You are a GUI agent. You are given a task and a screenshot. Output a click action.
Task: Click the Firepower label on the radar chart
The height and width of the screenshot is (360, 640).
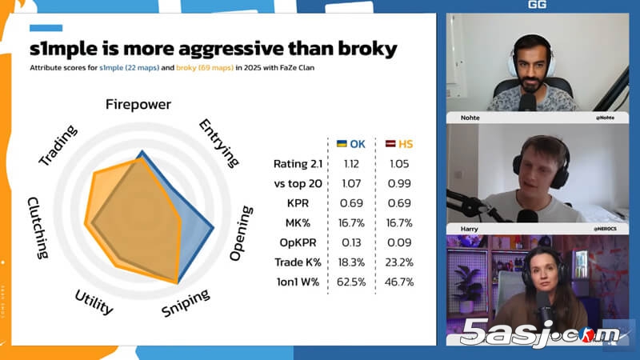(138, 104)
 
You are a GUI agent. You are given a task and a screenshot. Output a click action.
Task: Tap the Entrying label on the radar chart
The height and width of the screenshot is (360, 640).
(218, 143)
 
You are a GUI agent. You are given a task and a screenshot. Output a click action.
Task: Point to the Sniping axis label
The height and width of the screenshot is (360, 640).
(186, 302)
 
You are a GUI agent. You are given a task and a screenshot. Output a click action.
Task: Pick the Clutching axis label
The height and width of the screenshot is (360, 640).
(38, 227)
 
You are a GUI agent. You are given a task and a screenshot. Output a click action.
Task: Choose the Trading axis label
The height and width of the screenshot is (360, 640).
(58, 146)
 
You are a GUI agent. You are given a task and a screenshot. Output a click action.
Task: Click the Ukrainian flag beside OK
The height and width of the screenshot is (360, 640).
(342, 144)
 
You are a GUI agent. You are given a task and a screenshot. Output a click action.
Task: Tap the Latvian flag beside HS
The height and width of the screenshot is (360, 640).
(392, 144)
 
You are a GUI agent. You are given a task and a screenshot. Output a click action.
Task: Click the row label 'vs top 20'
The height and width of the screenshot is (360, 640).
(295, 184)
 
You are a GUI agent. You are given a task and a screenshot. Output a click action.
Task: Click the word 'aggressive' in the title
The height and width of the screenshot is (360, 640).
(216, 49)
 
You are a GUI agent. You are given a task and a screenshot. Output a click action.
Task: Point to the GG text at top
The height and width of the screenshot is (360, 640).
(537, 5)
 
